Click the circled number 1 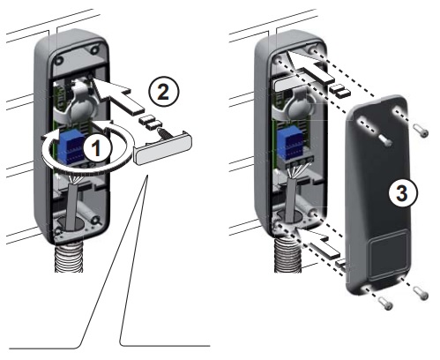(x=97, y=149)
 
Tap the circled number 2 (x=163, y=92)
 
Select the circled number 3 (x=402, y=193)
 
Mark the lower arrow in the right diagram (x=319, y=244)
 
